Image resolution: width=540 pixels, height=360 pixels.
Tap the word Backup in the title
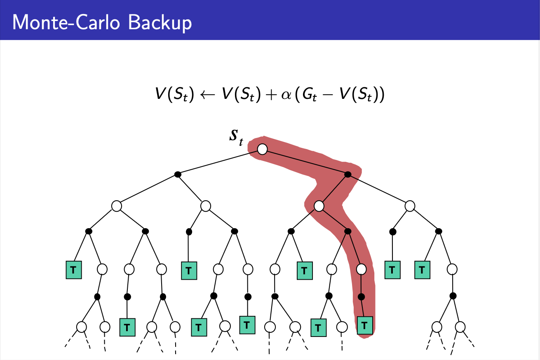point(160,22)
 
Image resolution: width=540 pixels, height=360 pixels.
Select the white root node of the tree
point(262,149)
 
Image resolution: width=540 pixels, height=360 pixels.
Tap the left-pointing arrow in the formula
point(208,95)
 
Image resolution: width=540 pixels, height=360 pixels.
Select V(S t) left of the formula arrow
point(174,95)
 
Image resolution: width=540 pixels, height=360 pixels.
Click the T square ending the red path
point(364,325)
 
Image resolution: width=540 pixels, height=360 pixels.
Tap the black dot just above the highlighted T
point(361,297)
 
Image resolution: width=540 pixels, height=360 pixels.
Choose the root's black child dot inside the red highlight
point(347,174)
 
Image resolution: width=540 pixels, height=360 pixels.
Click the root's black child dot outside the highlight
point(178,174)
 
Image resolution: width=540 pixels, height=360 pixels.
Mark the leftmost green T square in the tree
point(74,270)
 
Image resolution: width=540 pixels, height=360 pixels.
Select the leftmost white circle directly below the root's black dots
point(117,206)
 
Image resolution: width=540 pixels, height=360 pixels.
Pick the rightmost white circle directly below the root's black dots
point(410,206)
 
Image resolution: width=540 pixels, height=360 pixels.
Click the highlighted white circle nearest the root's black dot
point(319,206)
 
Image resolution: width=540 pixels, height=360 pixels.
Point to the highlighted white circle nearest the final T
point(361,269)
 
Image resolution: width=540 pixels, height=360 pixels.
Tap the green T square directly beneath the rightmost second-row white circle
point(422,270)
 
